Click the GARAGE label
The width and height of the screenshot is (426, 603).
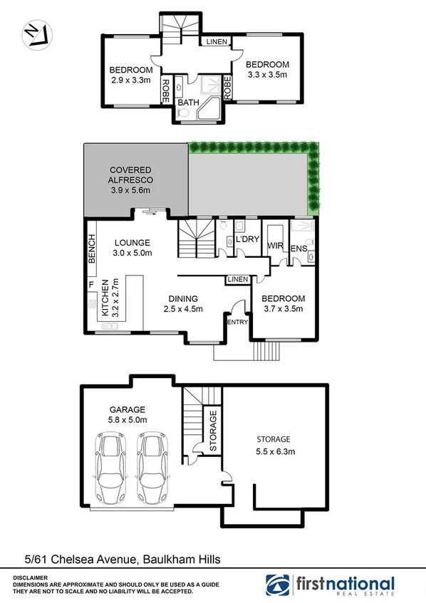[x=128, y=409]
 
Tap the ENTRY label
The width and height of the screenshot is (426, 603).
[x=237, y=323]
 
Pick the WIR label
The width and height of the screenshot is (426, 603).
[x=276, y=246]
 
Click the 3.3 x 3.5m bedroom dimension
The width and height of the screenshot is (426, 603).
[x=266, y=73]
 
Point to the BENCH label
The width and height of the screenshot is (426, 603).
[x=91, y=250]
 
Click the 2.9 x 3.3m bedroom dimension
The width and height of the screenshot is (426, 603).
[x=132, y=80]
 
